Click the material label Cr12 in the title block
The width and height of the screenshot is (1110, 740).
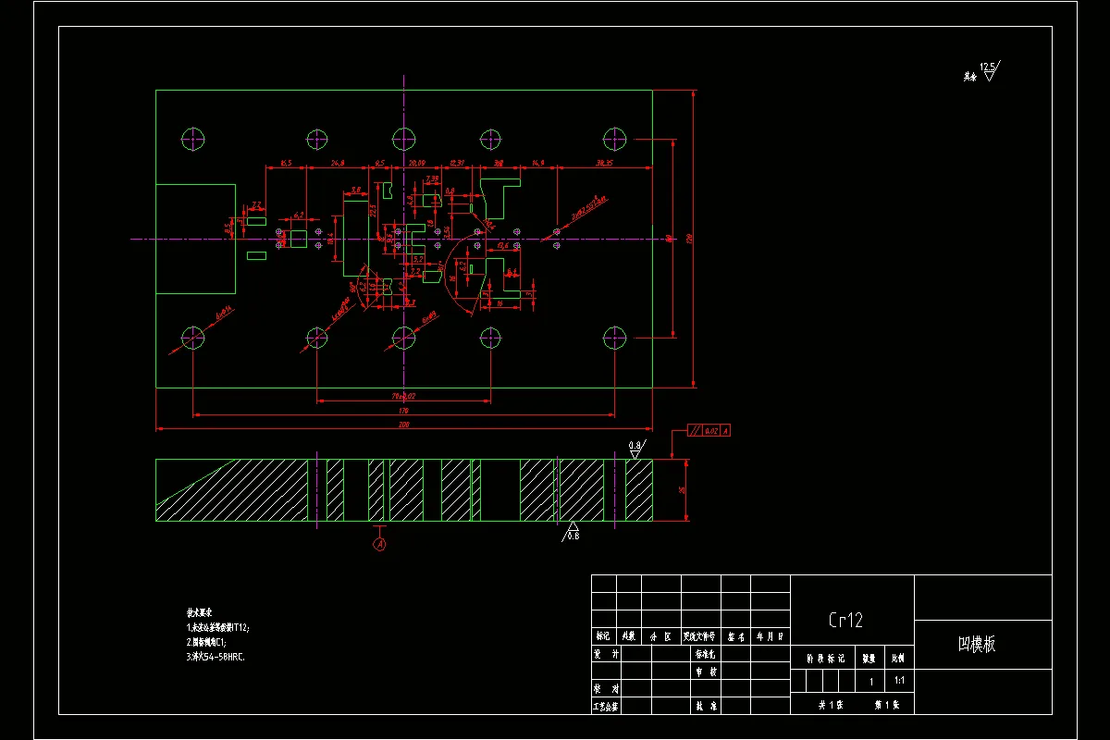click(845, 620)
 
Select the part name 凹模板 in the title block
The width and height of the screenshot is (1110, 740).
click(976, 645)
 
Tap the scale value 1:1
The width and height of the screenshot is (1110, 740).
click(899, 680)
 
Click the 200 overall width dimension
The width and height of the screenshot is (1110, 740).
click(403, 425)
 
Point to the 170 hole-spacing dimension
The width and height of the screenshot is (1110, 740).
click(403, 410)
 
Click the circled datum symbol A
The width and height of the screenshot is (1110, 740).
click(379, 544)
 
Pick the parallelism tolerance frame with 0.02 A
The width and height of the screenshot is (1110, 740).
click(709, 431)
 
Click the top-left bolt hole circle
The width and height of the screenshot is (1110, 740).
click(193, 140)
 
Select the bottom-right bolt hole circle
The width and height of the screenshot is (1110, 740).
click(614, 336)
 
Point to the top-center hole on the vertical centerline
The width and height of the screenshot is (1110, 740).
click(404, 140)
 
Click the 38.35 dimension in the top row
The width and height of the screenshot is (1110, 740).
click(605, 163)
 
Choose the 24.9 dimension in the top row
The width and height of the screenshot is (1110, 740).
click(337, 163)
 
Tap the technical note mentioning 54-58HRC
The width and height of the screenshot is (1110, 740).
click(216, 657)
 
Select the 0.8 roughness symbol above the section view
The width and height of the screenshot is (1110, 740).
click(635, 449)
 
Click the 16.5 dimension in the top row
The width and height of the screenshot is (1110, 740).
click(285, 163)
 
